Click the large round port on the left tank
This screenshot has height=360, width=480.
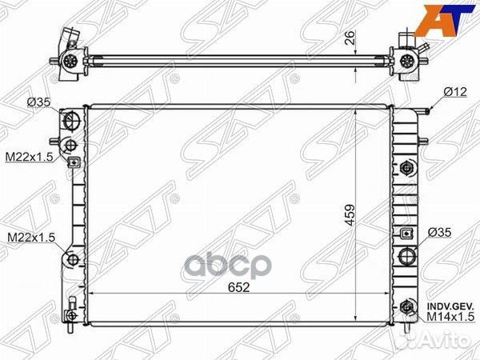[71, 122]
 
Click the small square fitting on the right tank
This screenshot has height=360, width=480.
[408, 234]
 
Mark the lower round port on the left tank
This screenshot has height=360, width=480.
[71, 260]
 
